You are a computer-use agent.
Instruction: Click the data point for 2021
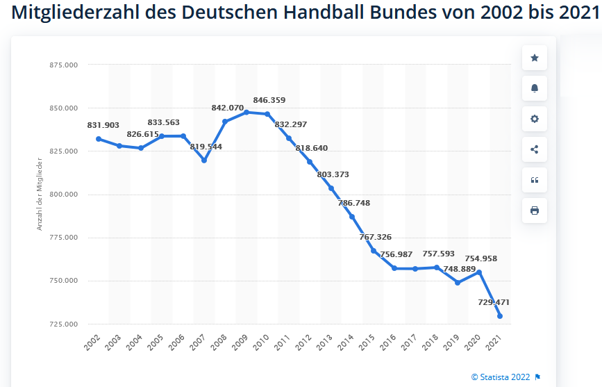point(500,316)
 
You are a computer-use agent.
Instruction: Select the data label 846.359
point(269,100)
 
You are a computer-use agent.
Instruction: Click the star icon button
point(534,58)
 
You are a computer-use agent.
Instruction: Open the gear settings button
point(534,119)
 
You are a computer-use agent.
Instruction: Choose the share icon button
point(534,149)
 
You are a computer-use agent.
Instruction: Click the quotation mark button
point(534,180)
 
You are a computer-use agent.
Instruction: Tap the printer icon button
point(534,211)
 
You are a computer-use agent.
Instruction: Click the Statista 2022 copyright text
point(500,377)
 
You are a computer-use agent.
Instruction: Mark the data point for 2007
point(204,160)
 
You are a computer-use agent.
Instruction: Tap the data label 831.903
point(103,125)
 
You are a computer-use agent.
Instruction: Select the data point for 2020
point(479,272)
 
